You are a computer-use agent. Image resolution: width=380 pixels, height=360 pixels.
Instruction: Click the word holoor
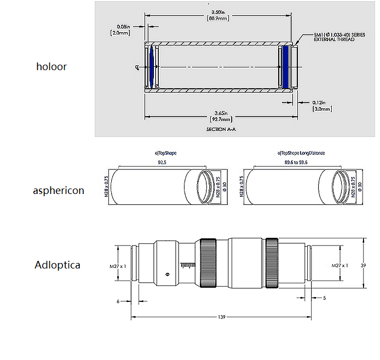51,67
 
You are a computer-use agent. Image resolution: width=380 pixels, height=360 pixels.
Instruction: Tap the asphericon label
59,191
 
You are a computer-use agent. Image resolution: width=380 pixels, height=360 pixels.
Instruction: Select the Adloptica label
57,265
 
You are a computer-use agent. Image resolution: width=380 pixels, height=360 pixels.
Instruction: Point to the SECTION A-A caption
221,129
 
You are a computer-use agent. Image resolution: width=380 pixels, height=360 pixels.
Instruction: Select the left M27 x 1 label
118,266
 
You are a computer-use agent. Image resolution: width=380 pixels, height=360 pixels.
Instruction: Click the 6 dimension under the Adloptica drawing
118,301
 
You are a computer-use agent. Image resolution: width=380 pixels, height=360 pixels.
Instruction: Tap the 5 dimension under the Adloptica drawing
325,298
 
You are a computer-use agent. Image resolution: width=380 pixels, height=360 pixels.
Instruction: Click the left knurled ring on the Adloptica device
209,264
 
